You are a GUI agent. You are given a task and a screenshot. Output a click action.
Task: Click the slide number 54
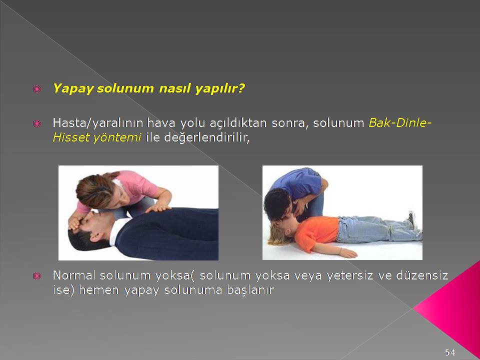pyautogui.click(x=450, y=352)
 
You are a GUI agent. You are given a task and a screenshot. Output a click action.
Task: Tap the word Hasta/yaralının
pyautogui.click(x=98, y=123)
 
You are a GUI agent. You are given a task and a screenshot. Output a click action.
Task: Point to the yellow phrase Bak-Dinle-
pyautogui.click(x=400, y=123)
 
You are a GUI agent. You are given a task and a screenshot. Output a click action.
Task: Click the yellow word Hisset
pyautogui.click(x=70, y=137)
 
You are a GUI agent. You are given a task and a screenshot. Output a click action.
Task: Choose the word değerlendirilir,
pyautogui.click(x=207, y=138)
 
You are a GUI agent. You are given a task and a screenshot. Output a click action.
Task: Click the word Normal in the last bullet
pyautogui.click(x=74, y=275)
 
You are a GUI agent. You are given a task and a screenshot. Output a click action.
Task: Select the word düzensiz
pyautogui.click(x=422, y=275)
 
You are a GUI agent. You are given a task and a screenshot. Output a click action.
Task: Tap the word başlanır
pyautogui.click(x=250, y=290)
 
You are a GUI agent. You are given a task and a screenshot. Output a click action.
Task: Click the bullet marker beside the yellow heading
pyautogui.click(x=36, y=89)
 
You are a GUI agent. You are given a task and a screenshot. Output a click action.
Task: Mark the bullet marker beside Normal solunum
pyautogui.click(x=36, y=276)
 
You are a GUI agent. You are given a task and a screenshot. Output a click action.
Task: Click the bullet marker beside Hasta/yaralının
pyautogui.click(x=36, y=123)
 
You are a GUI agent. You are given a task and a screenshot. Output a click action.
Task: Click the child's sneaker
pyautogui.click(x=412, y=219)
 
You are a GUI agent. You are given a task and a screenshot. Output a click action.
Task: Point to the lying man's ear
pyautogui.click(x=96, y=236)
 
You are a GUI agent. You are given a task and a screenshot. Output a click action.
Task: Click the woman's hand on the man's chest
pyautogui.click(x=157, y=208)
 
